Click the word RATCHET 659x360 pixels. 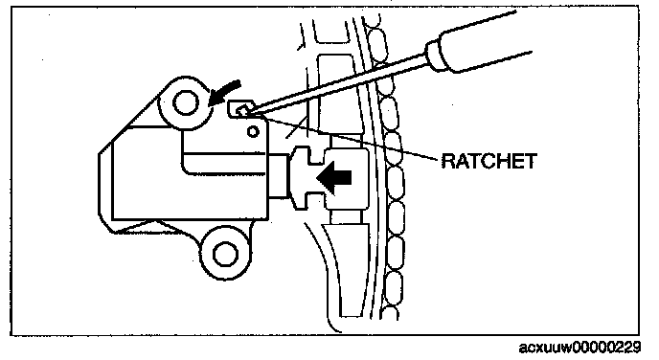(x=489, y=161)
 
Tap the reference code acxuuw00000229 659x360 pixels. (x=580, y=348)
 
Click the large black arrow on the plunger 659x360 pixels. (x=334, y=178)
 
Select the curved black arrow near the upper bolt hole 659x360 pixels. (x=224, y=93)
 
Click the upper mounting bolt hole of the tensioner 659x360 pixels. (x=186, y=102)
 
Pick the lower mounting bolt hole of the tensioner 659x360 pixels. (x=226, y=254)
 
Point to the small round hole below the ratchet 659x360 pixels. (x=253, y=132)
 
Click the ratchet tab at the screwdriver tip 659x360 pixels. (x=241, y=109)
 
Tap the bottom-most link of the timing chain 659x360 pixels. (x=392, y=313)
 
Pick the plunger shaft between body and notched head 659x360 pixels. (x=278, y=175)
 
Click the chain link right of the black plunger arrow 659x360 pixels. (x=395, y=182)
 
